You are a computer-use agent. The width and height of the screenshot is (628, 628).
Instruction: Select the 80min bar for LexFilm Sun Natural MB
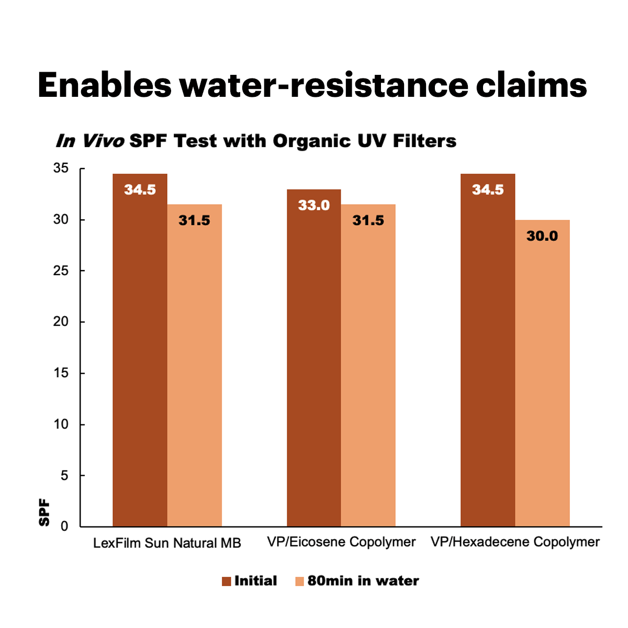pyautogui.click(x=195, y=366)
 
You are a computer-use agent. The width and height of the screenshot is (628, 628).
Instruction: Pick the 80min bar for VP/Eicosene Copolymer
pyautogui.click(x=368, y=366)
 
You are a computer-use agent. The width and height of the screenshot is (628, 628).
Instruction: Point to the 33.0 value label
pyautogui.click(x=314, y=205)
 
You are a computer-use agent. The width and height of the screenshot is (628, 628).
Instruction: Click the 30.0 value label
pyautogui.click(x=542, y=236)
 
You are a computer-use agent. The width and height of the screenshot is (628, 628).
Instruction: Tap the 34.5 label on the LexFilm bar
pyautogui.click(x=140, y=189)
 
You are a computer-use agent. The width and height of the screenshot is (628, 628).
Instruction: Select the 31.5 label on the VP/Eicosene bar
pyautogui.click(x=368, y=220)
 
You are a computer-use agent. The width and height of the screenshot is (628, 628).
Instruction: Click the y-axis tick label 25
pyautogui.click(x=61, y=271)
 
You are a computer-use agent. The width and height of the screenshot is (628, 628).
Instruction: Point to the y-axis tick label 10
pyautogui.click(x=61, y=424)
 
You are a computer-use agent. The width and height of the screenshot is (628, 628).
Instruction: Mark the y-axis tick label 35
pyautogui.click(x=61, y=169)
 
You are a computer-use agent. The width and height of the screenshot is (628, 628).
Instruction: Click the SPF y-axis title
pyautogui.click(x=45, y=513)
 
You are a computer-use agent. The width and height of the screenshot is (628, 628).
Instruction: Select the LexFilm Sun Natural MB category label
pyautogui.click(x=167, y=543)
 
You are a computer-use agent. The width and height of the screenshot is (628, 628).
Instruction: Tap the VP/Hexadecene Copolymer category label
pyautogui.click(x=515, y=542)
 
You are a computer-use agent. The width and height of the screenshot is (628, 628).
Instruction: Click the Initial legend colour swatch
pyautogui.click(x=227, y=581)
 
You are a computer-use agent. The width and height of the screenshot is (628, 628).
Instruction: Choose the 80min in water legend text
pyautogui.click(x=363, y=581)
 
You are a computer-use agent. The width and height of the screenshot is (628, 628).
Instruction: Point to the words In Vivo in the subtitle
pyautogui.click(x=90, y=141)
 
